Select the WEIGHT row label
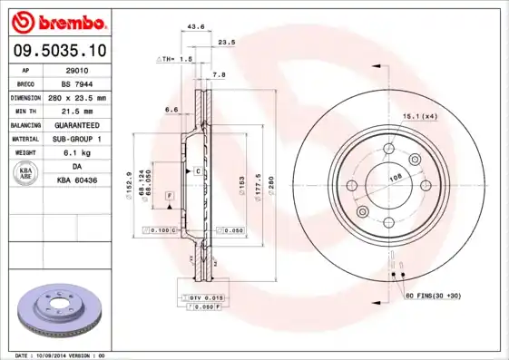point(26,153)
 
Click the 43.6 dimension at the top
point(194,26)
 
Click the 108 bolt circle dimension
point(396,179)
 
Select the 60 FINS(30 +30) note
point(435,297)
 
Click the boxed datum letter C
point(197,170)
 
